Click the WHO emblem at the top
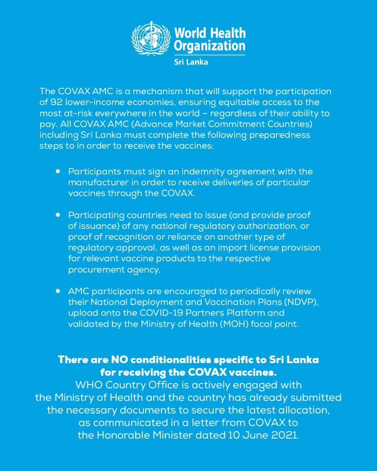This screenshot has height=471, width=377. point(151,39)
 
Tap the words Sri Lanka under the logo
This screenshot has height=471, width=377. point(191,62)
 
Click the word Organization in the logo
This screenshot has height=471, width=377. point(209,46)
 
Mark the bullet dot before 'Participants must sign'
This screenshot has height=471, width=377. point(58,171)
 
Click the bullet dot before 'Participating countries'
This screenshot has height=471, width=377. point(58,215)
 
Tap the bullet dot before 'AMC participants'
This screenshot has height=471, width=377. point(58,291)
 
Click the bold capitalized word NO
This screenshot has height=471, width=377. point(120,360)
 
